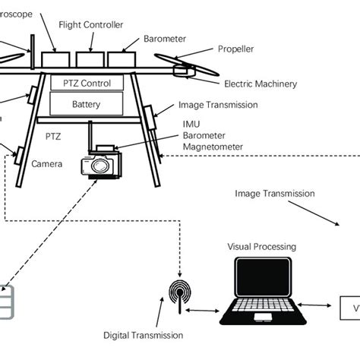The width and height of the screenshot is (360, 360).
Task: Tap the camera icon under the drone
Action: [99, 164]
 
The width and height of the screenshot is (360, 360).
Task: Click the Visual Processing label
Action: [261, 246]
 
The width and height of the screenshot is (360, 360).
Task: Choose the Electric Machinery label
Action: [259, 84]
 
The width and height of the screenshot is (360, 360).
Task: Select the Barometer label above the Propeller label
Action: [164, 36]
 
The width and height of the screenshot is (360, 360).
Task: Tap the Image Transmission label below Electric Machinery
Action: [216, 106]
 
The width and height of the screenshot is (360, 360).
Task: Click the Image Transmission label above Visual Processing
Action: [275, 194]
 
